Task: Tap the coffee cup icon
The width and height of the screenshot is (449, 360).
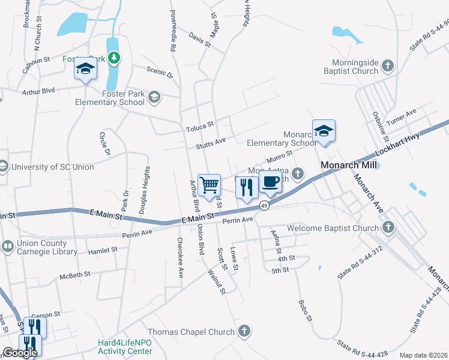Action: tap(270, 183)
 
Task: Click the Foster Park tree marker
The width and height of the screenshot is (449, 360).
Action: tap(113, 59)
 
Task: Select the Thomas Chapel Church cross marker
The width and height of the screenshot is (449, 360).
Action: tap(244, 331)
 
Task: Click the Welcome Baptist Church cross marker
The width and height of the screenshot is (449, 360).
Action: tap(388, 227)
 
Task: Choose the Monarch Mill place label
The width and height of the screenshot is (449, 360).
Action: tap(348, 165)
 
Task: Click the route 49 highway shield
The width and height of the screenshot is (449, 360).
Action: tap(264, 206)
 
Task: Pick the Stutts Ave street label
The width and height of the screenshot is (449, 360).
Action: tap(210, 145)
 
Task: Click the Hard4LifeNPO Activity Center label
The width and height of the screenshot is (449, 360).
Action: tap(125, 346)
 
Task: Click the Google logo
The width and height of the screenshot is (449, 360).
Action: tap(20, 353)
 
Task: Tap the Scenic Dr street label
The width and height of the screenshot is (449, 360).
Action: tap(160, 73)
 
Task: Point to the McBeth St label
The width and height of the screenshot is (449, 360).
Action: tap(74, 274)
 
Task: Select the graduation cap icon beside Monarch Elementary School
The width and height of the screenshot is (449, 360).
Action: tap(324, 131)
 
